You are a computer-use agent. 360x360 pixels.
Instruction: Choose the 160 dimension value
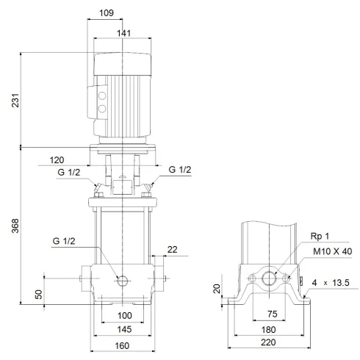click(x=122, y=345)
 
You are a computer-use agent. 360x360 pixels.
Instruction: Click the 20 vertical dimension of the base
click(x=217, y=289)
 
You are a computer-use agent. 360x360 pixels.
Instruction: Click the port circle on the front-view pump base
click(x=122, y=279)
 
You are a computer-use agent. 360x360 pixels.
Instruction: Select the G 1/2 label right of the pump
click(x=180, y=170)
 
